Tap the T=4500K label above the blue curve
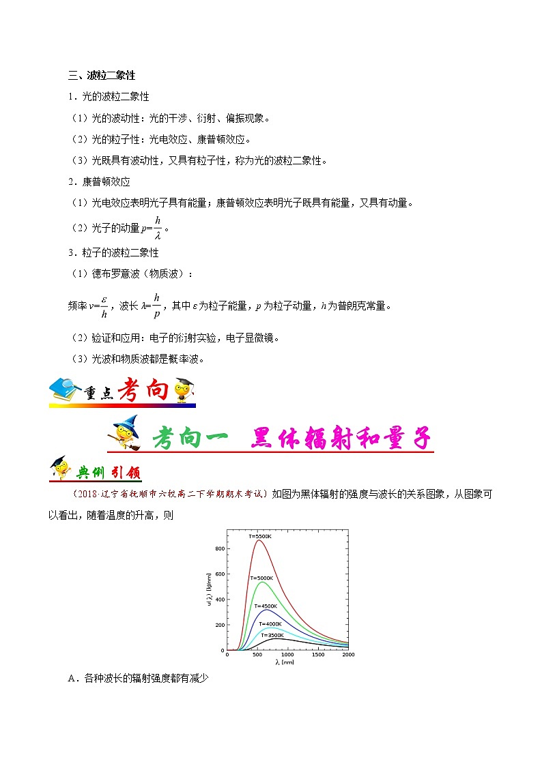point(266,606)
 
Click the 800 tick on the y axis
point(220,548)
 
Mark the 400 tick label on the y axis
point(220,600)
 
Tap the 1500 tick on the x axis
point(317,655)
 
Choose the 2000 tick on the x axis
point(348,655)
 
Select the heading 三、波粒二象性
point(101,75)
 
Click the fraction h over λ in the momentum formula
point(157,227)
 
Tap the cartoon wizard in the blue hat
point(125,433)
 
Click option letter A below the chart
point(72,678)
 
